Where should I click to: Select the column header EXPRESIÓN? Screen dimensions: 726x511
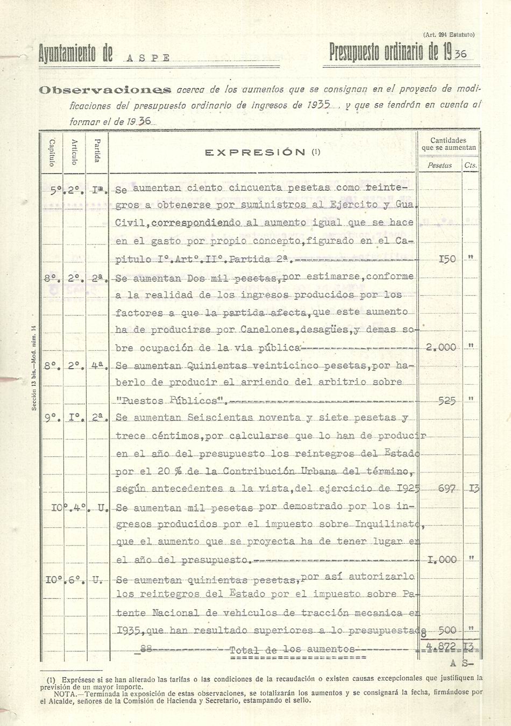(262, 152)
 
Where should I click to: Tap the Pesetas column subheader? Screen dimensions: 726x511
(439, 166)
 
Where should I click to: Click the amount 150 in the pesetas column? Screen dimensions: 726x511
(447, 259)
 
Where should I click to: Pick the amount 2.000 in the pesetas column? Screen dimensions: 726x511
(440, 347)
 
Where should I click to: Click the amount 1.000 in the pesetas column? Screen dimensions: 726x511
(442, 559)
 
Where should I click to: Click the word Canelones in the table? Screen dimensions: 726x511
(260, 329)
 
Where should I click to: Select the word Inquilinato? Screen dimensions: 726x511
(388, 524)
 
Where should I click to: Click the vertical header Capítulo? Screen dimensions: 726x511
(52, 153)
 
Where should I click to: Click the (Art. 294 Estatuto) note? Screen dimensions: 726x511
(449, 34)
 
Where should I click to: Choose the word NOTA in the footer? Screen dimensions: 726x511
(56, 693)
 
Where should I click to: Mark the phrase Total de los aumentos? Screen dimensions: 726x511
(292, 649)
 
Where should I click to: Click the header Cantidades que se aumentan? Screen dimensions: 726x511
(449, 143)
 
